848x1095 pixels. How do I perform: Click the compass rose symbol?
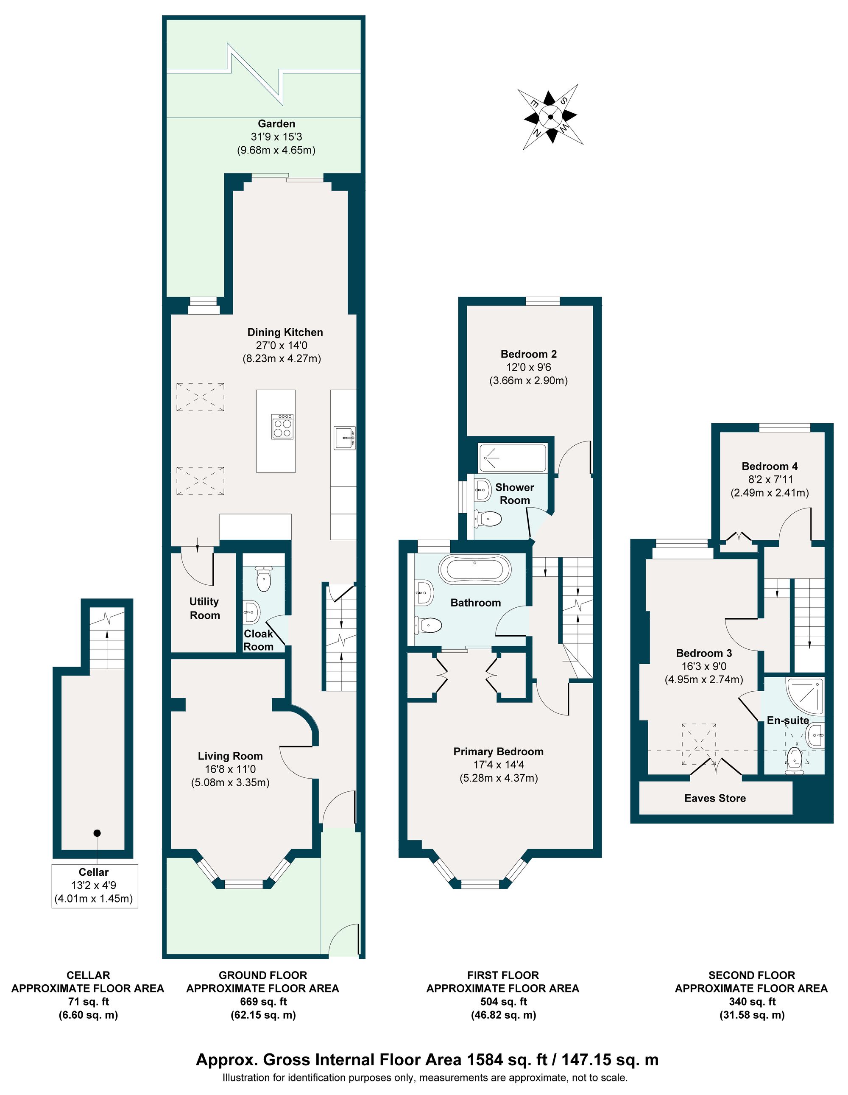[550, 117]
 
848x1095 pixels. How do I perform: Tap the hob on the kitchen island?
[282, 427]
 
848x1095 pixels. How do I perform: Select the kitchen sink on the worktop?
[345, 438]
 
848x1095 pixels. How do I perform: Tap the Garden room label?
[276, 123]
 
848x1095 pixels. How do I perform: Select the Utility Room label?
[204, 608]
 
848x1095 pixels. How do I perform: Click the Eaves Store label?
[715, 798]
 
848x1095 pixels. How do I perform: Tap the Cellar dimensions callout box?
[94, 886]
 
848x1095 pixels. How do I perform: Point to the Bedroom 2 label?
[528, 354]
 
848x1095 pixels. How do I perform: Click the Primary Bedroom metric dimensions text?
[498, 778]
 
